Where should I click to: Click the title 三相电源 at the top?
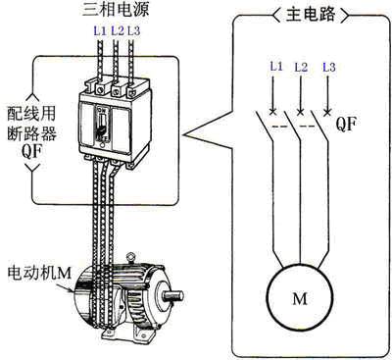tap(116, 10)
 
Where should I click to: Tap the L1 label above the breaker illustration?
tap(100, 31)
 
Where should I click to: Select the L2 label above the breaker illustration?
tap(118, 31)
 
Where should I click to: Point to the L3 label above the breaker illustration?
tap(133, 31)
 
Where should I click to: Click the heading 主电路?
tap(311, 15)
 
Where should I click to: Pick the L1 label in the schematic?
tap(276, 67)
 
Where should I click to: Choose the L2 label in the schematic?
tap(301, 67)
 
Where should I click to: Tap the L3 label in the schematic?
tap(329, 67)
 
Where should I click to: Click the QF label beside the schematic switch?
tap(346, 125)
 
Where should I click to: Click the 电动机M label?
tap(39, 273)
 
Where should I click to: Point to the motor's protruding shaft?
tap(172, 295)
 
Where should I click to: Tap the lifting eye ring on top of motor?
tap(131, 257)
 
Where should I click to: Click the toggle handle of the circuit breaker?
tap(102, 126)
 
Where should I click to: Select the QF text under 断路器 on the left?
tap(31, 152)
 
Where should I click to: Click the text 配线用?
tap(31, 114)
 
